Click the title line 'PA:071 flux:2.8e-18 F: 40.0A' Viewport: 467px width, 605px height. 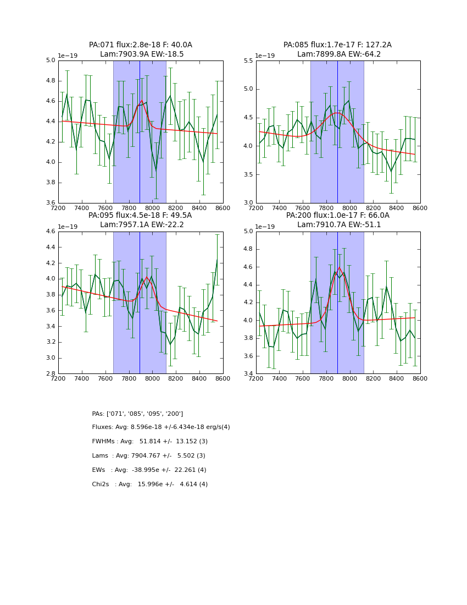tap(141, 45)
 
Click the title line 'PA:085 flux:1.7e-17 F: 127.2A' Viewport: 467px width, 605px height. tap(337, 45)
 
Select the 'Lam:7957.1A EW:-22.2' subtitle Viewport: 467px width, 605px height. tap(141, 225)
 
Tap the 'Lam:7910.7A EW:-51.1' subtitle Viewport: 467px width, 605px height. tap(337, 225)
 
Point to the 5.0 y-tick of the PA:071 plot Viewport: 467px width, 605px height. tap(50, 61)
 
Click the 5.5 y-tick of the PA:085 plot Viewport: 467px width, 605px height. tap(248, 61)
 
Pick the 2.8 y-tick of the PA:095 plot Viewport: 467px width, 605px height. tap(50, 373)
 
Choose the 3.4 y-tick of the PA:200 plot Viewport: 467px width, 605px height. tap(248, 373)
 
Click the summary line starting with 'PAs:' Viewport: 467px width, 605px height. tap(137, 414)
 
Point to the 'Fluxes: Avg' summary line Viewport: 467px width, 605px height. tap(161, 427)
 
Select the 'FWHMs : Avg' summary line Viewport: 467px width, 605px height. tap(150, 442)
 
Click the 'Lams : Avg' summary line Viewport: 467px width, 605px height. tap(148, 456)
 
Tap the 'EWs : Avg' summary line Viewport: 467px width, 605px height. tap(149, 470)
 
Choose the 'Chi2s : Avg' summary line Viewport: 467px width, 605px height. tap(150, 485)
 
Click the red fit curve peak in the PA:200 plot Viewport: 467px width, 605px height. tap(339, 267)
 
